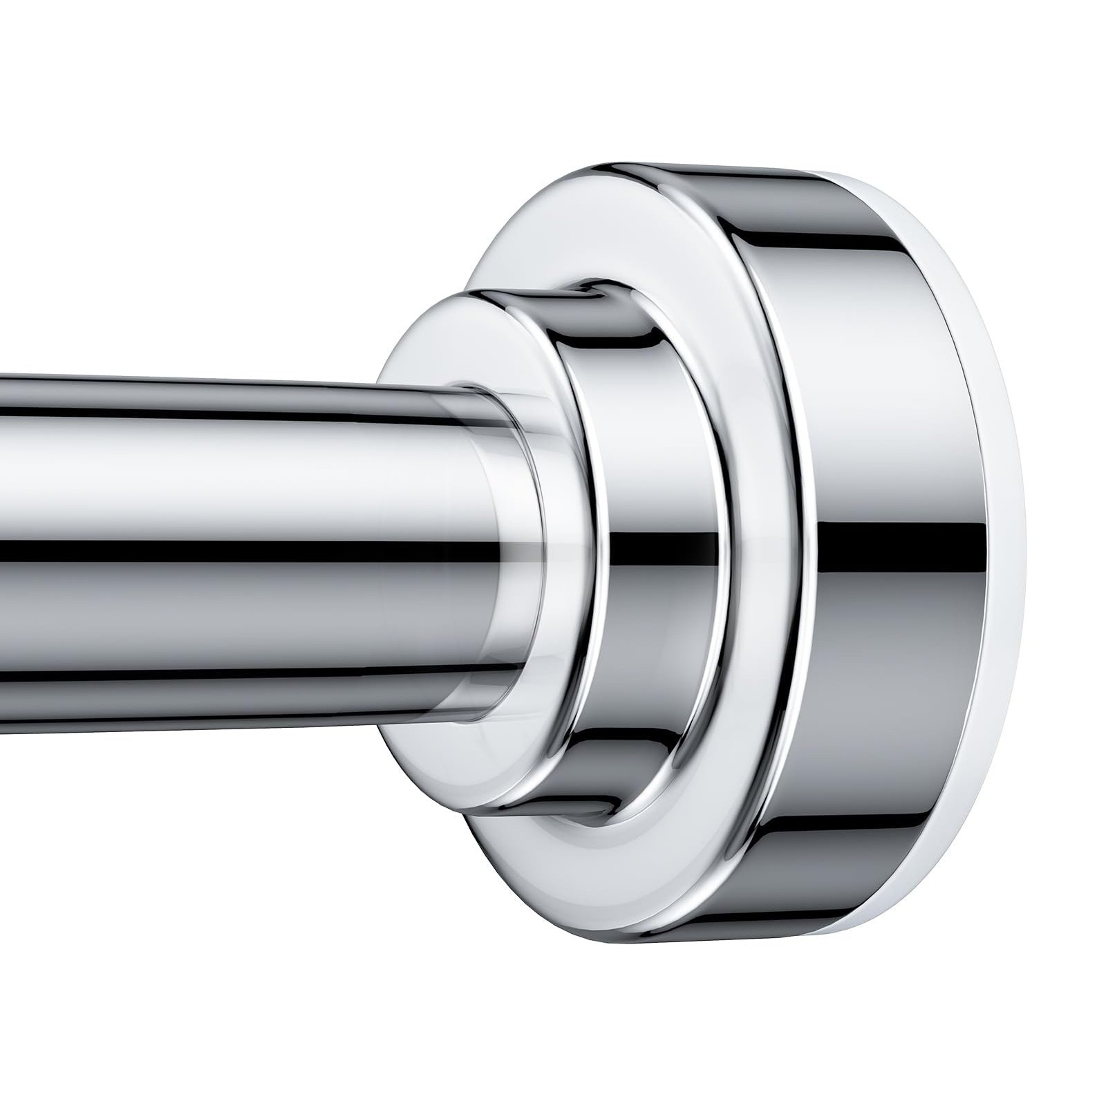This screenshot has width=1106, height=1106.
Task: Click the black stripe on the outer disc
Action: tap(892, 546)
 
